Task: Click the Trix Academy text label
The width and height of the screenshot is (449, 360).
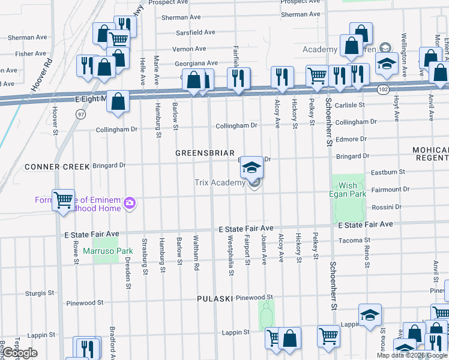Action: (220, 183)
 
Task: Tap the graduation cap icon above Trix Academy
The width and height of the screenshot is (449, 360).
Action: (252, 168)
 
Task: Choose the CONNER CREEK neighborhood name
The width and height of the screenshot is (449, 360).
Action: (49, 166)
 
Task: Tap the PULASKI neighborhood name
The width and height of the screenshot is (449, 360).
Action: (214, 298)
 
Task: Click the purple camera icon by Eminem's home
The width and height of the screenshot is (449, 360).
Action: (130, 204)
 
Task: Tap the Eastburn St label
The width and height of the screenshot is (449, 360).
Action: (388, 172)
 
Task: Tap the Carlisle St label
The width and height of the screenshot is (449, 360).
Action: (350, 105)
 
